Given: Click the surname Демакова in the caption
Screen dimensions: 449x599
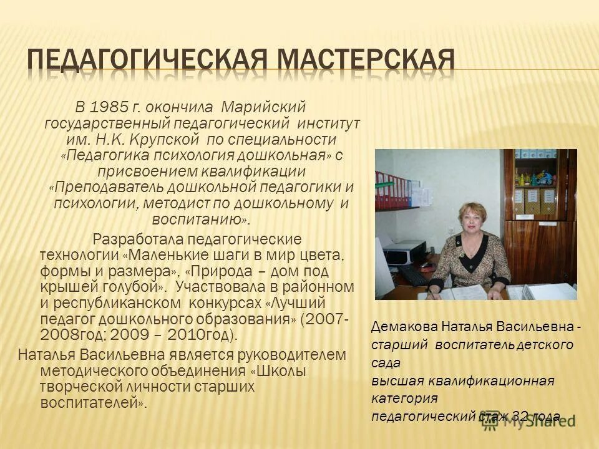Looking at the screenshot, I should (404, 327).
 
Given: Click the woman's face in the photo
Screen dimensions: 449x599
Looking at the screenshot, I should (475, 219).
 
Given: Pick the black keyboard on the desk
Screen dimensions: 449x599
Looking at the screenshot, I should (412, 274).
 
